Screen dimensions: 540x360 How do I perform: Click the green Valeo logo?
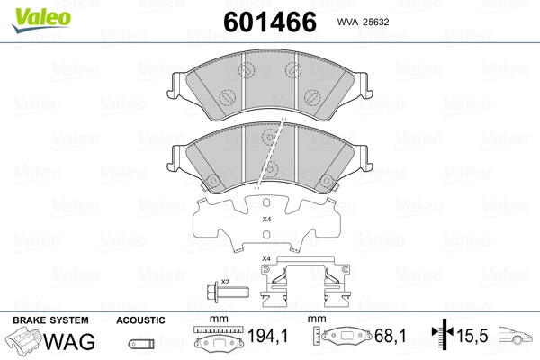click(x=41, y=20)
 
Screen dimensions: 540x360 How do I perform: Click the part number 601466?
click(x=270, y=22)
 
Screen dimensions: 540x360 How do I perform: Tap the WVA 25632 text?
click(x=363, y=22)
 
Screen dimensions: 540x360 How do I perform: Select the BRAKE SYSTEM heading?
click(x=50, y=320)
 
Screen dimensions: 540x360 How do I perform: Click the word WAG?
click(x=69, y=341)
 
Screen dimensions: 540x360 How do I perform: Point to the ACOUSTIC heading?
click(x=140, y=320)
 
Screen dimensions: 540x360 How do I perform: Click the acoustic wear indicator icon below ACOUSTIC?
click(x=141, y=344)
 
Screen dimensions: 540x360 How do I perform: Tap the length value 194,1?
click(x=267, y=336)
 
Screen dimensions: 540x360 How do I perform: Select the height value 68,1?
click(x=391, y=336)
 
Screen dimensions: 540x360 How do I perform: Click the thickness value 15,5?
click(x=472, y=336)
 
